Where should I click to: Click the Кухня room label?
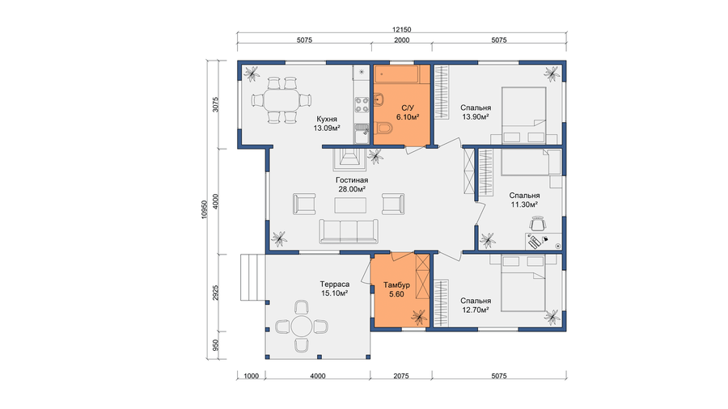(x=327, y=119)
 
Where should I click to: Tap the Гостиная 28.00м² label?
(x=352, y=184)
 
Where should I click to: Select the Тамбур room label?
(x=396, y=285)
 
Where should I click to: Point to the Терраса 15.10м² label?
(x=335, y=289)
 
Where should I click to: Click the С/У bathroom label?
(x=408, y=108)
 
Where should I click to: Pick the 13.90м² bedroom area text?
(x=476, y=117)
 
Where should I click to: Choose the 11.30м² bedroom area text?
(x=524, y=204)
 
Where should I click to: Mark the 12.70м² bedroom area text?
(x=476, y=310)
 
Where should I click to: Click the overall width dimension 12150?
(x=401, y=30)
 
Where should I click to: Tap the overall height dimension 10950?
(x=204, y=209)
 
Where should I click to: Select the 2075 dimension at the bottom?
(x=401, y=376)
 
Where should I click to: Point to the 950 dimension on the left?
(x=215, y=345)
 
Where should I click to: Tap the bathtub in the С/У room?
(x=401, y=74)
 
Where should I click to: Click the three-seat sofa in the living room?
(x=349, y=231)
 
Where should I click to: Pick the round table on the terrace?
(x=302, y=327)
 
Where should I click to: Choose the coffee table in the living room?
(x=350, y=205)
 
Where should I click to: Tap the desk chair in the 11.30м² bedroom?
(x=538, y=223)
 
